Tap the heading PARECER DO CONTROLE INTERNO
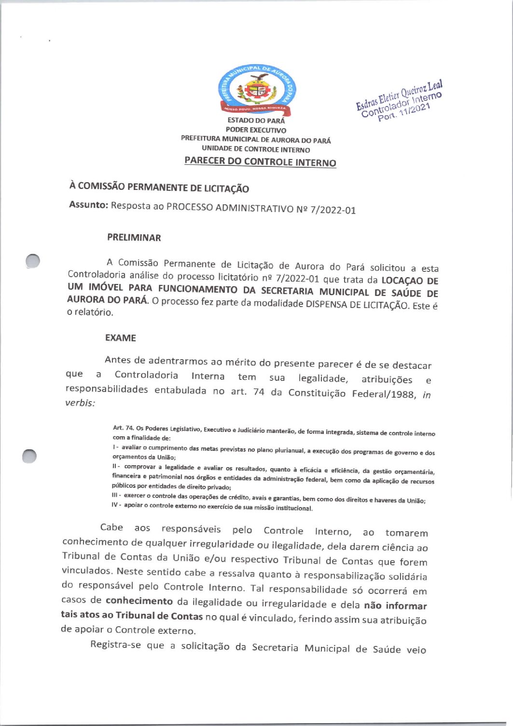260,161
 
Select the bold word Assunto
88,204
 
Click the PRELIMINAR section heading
134,238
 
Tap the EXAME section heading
121,338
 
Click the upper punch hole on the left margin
33,260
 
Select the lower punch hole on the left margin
29,456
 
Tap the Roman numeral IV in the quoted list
115,505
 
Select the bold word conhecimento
139,601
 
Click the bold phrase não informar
395,605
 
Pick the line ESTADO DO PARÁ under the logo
256,121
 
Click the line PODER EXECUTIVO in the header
256,130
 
